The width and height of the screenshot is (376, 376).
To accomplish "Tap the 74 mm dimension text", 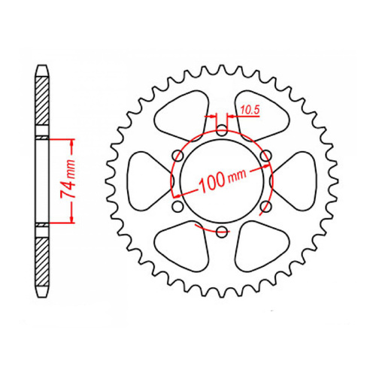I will point(65,180).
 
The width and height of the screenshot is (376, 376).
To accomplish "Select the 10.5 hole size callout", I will point(250,111).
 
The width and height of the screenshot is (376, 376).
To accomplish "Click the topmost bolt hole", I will point(221,131).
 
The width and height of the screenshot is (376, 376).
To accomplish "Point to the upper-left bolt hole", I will point(177,156).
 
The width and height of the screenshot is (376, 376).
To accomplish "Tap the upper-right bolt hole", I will point(265,156).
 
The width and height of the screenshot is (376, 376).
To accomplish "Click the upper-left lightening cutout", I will point(183,112).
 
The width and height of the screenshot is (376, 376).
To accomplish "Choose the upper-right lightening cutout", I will point(260,112).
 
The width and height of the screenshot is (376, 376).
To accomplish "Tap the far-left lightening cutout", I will point(144,180).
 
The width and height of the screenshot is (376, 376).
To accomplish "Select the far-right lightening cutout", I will point(299,180).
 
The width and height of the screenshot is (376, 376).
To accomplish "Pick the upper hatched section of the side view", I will point(43,105).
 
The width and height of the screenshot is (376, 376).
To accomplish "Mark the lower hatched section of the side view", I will point(43,259).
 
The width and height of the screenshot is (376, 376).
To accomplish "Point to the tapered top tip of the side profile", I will point(43,68).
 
